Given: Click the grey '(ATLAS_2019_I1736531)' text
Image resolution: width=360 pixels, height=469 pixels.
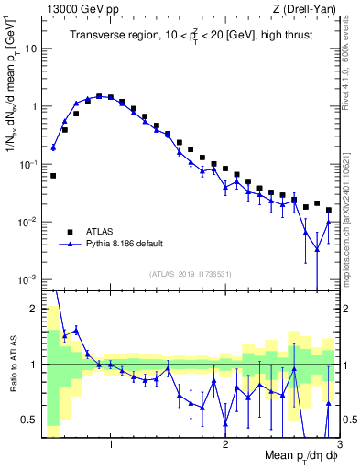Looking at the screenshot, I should point(190,274).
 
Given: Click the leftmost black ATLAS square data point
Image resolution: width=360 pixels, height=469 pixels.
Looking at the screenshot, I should point(53,175).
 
